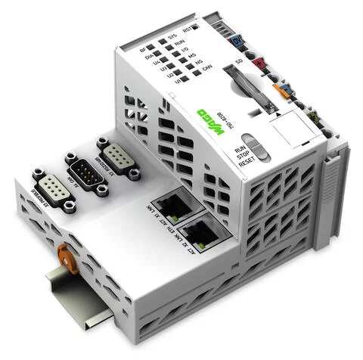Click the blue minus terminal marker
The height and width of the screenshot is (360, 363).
tap(286, 88)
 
